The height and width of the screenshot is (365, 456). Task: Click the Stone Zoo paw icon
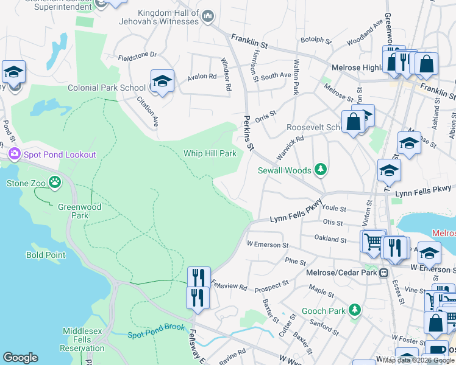[x=55, y=181]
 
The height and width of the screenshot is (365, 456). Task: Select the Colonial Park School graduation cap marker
[x=162, y=81]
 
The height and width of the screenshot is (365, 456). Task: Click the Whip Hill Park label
[x=210, y=153]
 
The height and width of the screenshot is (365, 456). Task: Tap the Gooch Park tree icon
[x=354, y=311]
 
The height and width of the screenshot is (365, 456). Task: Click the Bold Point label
[x=46, y=255]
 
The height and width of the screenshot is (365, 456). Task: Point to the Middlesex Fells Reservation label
[x=82, y=339]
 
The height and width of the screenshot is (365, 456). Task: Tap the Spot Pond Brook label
[x=156, y=335]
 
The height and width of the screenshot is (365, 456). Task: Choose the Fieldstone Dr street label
[x=137, y=55]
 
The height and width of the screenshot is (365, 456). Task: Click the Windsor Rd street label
[x=226, y=74]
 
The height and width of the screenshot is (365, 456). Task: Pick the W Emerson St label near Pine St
[x=267, y=245]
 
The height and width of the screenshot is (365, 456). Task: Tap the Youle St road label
[x=334, y=209]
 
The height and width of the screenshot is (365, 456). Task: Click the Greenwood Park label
[x=80, y=211]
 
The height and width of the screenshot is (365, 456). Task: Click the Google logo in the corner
[x=20, y=358]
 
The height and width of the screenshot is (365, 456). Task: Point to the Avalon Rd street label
[x=202, y=77]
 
